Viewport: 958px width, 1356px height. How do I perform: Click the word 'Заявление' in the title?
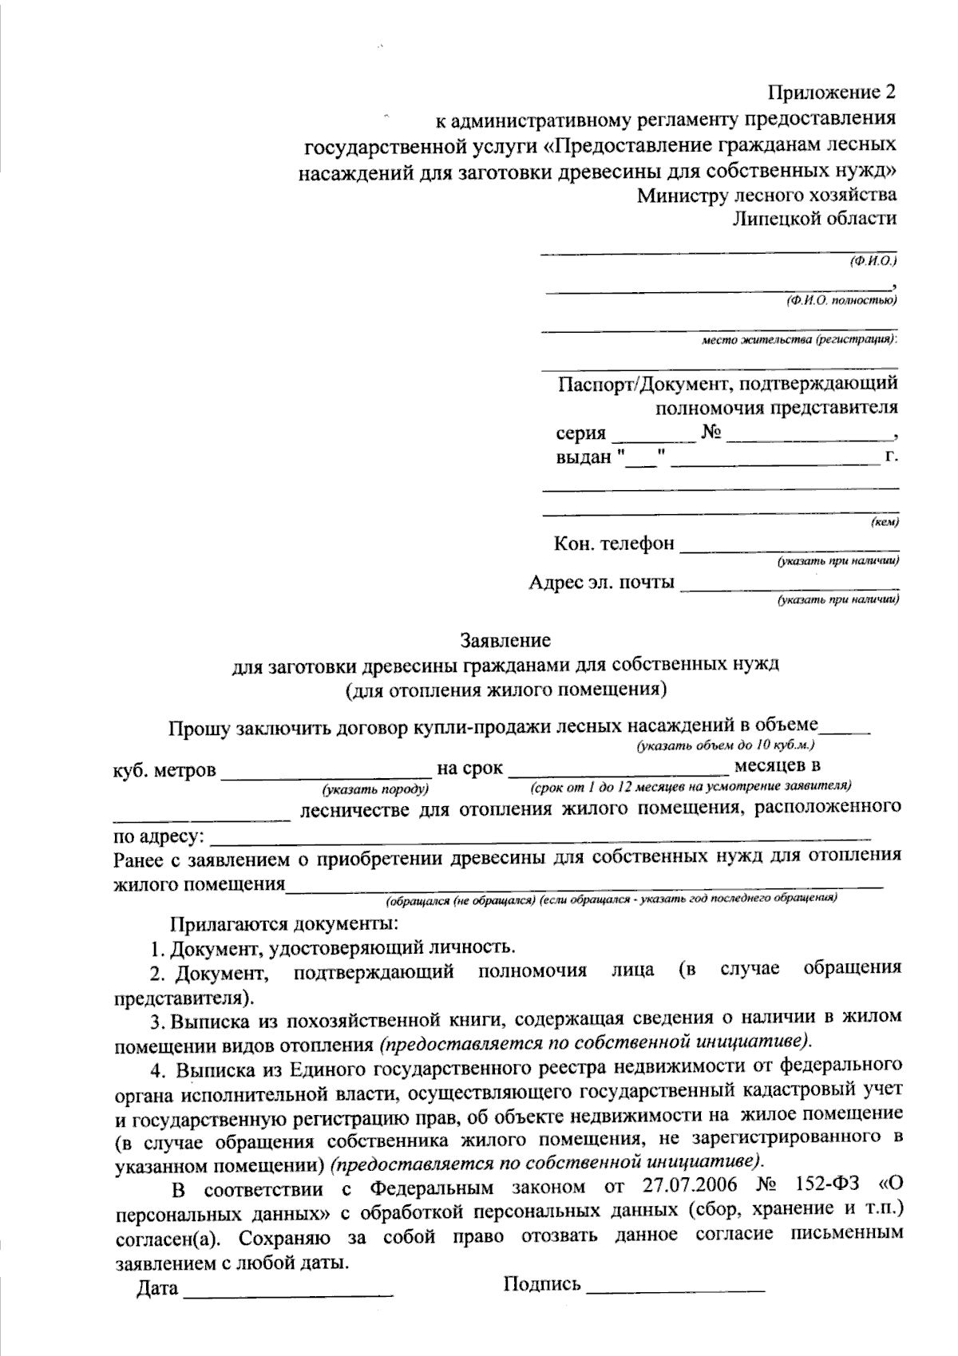click(505, 639)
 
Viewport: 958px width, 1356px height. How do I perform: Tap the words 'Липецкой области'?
click(814, 218)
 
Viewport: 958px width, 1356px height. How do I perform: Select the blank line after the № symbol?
click(808, 436)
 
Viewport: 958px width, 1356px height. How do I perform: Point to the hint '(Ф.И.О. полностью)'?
click(840, 300)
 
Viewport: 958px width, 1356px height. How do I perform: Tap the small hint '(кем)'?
click(884, 523)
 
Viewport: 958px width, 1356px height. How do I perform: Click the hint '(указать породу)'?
click(375, 789)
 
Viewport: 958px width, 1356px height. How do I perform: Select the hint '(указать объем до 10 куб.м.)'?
click(724, 745)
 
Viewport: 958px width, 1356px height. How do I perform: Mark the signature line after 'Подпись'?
click(675, 1287)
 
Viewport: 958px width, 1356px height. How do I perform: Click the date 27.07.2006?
click(688, 1188)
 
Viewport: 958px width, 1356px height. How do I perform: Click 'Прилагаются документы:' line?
click(283, 924)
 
